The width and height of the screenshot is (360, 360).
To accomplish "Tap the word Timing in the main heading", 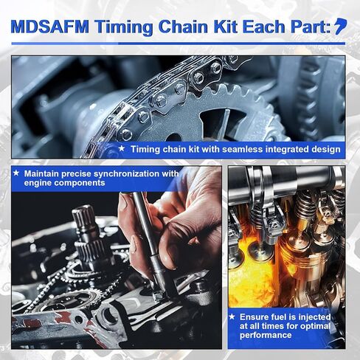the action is [x=124, y=27].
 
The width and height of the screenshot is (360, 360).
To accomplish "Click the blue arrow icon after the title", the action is [x=341, y=26].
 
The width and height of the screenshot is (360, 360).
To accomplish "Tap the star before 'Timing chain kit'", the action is [x=121, y=148].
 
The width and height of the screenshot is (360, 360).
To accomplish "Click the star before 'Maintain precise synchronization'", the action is [x=16, y=173].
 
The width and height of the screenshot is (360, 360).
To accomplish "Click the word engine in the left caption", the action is [x=38, y=183].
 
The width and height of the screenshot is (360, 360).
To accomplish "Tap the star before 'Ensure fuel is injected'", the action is [x=232, y=316].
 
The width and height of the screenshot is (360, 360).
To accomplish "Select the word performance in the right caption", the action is [x=266, y=335].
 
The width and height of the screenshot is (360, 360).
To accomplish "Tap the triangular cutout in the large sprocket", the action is [x=220, y=122].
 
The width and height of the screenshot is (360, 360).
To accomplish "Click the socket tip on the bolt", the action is [x=159, y=295].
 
